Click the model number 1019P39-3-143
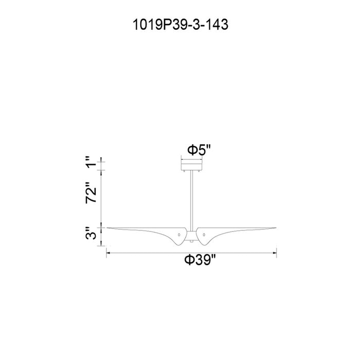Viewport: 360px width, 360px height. tap(181, 25)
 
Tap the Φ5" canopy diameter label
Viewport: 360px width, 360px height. tap(199, 150)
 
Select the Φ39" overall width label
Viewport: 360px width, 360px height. tap(201, 260)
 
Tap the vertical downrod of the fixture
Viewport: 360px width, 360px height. tap(191, 201)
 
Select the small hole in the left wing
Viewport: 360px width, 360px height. tap(179, 235)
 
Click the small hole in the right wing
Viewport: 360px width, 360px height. tap(204, 235)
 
